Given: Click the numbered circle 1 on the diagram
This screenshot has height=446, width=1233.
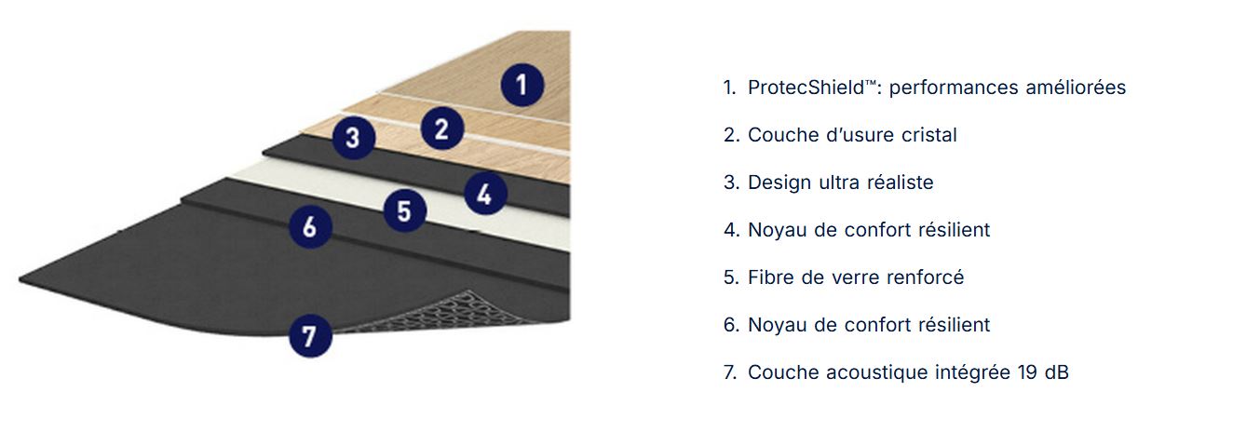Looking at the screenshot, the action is point(522,85).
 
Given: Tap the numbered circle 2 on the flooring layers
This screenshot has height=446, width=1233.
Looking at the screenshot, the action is point(442,128).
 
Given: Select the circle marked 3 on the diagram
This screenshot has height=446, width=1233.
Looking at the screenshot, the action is point(353,138).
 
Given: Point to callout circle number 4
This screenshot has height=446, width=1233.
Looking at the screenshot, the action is point(485,194).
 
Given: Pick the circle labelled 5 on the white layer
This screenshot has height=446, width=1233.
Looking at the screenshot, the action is point(404,210).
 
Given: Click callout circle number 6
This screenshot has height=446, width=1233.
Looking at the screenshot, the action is point(310,227).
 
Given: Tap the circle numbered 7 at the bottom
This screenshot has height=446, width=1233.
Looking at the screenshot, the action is point(310,336).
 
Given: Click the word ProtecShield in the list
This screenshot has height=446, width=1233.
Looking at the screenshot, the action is point(806,87).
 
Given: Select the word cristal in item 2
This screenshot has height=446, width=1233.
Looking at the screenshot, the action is point(929,135).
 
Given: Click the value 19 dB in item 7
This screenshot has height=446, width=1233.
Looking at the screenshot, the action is point(1043,372).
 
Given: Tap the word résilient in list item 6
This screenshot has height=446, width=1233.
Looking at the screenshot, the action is point(957,325).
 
